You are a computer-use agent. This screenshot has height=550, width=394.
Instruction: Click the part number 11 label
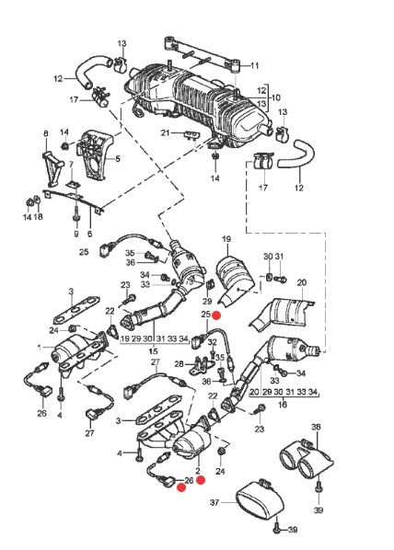[x=255, y=65]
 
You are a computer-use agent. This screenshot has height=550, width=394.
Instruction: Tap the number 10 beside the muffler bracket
[x=275, y=97]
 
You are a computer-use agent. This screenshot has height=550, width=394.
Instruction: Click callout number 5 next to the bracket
[x=117, y=158]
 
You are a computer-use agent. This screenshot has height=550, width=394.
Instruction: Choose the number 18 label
[x=39, y=217]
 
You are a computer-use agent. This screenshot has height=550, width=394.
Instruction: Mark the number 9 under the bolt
[x=76, y=235]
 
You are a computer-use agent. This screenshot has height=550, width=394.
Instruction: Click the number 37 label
[x=214, y=503]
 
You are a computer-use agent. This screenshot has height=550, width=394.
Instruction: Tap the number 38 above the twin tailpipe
[x=316, y=427]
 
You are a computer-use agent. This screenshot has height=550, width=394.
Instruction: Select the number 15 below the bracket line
[x=153, y=351]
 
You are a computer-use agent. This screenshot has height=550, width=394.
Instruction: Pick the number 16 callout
[x=283, y=403]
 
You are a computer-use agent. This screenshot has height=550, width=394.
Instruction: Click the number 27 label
[x=89, y=432]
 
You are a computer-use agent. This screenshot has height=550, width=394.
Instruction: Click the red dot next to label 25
[x=217, y=314]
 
